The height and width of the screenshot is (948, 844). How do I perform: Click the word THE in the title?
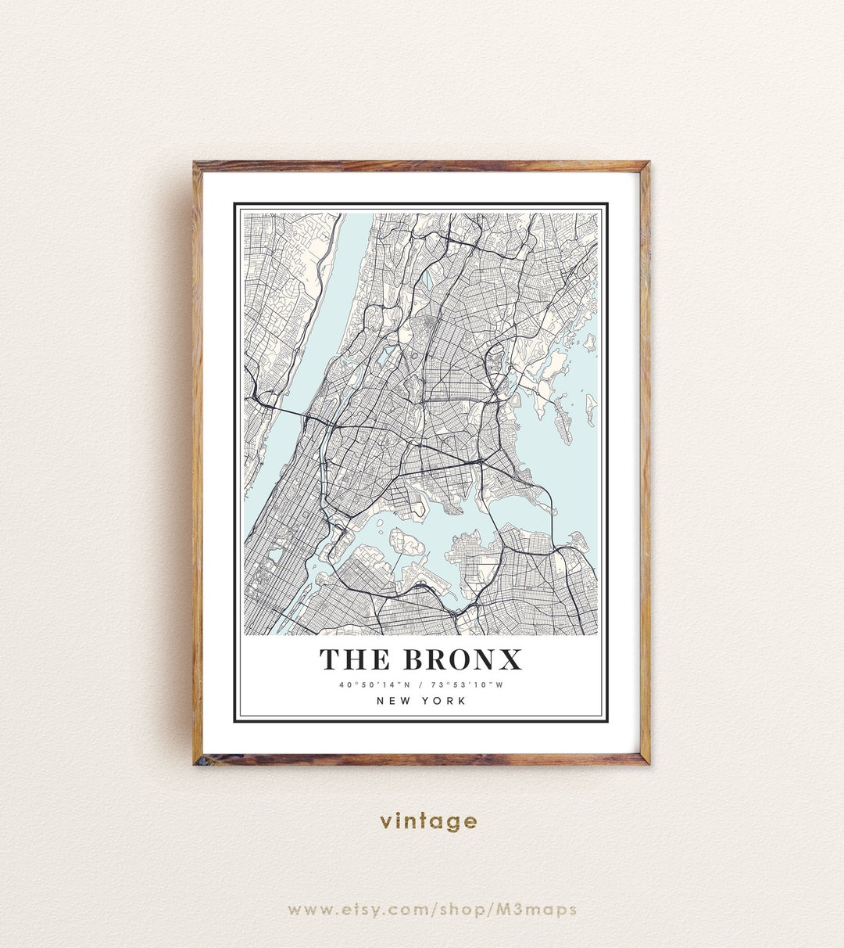pyautogui.click(x=354, y=660)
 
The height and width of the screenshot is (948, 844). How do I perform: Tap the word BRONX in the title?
pyautogui.click(x=462, y=660)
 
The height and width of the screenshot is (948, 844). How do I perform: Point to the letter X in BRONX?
pyautogui.click(x=510, y=660)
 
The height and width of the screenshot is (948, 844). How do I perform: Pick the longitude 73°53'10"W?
pyautogui.click(x=467, y=685)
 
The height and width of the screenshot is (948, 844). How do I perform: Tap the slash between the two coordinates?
pyautogui.click(x=420, y=685)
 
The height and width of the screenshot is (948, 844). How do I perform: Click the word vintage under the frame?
pyautogui.click(x=428, y=821)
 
